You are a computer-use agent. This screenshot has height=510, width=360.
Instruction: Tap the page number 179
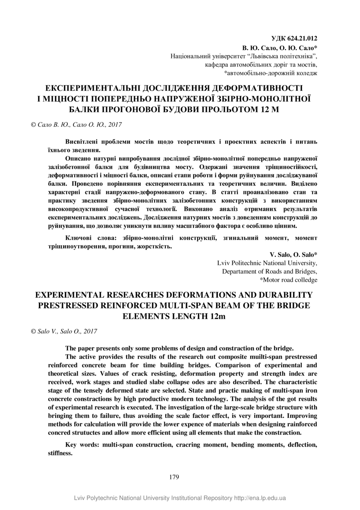pyautogui.click(x=174, y=477)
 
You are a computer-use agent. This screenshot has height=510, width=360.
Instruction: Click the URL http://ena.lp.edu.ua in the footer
pyautogui.click(x=260, y=498)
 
